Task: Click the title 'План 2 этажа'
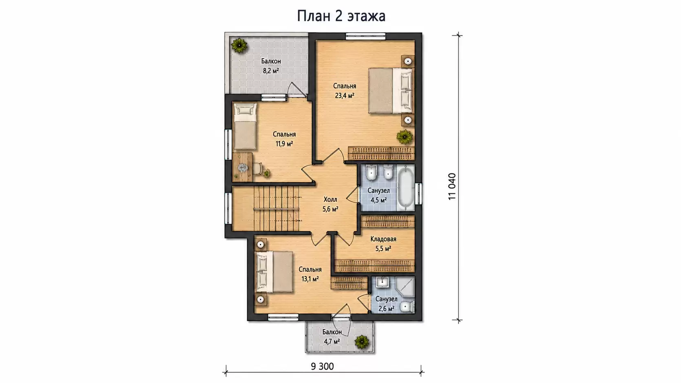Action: [x=341, y=16]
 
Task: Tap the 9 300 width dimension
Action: [x=322, y=367]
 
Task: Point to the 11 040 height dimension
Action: [x=452, y=186]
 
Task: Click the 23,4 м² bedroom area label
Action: [x=345, y=96]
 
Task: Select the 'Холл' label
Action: [x=330, y=199]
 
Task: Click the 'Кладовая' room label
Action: [x=383, y=239]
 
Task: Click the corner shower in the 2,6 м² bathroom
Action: [x=405, y=287]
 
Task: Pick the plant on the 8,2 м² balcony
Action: [x=239, y=46]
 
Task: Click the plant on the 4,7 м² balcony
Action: [x=362, y=342]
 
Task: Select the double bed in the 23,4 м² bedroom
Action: [x=391, y=90]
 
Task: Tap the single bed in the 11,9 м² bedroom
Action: [x=245, y=127]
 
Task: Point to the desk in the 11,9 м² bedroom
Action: [x=243, y=167]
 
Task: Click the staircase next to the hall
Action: [x=277, y=208]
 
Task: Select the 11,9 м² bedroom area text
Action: [x=284, y=144]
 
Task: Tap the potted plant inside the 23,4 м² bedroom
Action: [x=404, y=137]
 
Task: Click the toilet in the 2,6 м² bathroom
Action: [x=407, y=307]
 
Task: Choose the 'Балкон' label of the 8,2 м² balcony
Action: [x=271, y=61]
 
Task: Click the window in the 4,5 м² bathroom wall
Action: [x=419, y=193]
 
